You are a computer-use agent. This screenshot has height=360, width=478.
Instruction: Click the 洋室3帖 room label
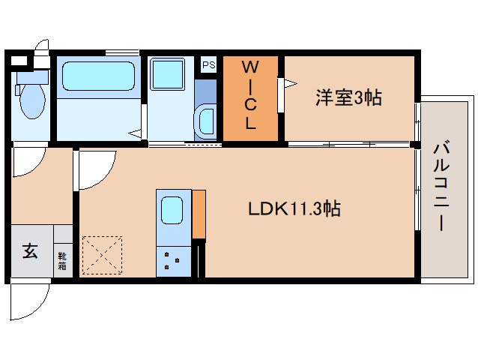[348, 97]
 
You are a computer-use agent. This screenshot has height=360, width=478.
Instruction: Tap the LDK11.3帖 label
[294, 209]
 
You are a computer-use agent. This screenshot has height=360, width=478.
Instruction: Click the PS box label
[208, 65]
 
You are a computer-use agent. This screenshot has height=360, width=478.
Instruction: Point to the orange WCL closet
[251, 97]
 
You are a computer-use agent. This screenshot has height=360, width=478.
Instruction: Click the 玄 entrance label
[30, 252]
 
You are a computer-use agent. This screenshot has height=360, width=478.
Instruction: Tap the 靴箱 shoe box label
[62, 260]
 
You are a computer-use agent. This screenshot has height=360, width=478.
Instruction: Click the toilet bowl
[31, 103]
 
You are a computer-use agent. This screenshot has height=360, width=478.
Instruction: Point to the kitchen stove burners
[173, 261]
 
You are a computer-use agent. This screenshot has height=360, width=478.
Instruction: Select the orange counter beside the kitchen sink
[199, 214]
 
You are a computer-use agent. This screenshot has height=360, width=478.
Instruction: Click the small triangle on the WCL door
[282, 85]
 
